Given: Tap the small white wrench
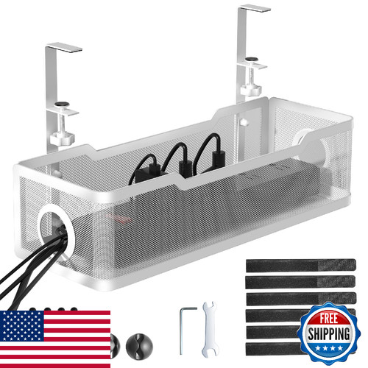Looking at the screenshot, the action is click(x=210, y=329).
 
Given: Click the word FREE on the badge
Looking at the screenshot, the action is click(x=328, y=319).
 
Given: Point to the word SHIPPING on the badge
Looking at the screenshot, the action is click(x=329, y=334).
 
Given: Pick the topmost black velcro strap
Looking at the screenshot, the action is click(x=301, y=265).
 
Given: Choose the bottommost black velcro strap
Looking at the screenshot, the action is click(x=274, y=349).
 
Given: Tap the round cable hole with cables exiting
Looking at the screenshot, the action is click(x=57, y=230).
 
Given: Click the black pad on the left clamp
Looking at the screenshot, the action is click(x=62, y=105).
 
